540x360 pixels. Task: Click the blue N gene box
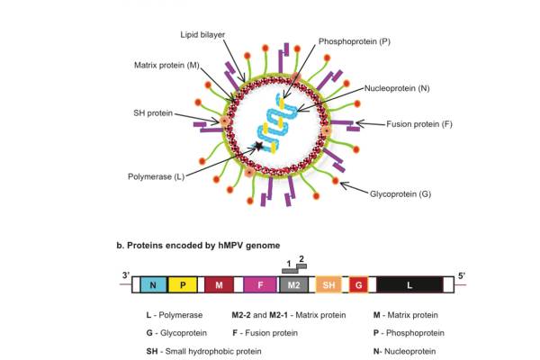(152, 285)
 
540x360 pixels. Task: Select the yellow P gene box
(182, 285)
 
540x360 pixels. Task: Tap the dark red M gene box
(219, 285)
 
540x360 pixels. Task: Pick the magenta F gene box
(258, 285)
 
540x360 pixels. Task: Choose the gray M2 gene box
(294, 285)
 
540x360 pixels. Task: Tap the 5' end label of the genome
(462, 274)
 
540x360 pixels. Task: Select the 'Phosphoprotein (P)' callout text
(354, 41)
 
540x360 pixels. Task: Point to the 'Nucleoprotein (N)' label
(397, 88)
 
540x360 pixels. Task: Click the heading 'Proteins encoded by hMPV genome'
(191, 245)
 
